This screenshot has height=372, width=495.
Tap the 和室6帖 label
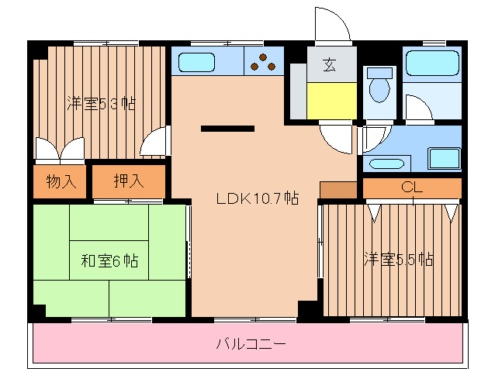coord(109,261)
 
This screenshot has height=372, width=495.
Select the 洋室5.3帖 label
coord(101,103)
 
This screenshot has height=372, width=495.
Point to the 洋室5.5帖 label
coord(398,260)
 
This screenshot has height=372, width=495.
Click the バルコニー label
coord(251,343)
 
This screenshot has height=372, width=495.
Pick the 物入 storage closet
coord(61,182)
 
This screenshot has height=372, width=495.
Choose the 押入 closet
coord(129,182)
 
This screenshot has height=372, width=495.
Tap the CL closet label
coord(411,187)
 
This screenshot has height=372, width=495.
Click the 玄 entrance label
coord(330,65)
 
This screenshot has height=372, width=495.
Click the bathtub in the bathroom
coord(432,63)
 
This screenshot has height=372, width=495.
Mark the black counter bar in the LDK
coord(227,129)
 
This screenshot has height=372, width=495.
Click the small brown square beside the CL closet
coord(337,190)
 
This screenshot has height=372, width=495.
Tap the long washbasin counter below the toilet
coord(386,163)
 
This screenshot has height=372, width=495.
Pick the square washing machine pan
coord(444,157)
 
